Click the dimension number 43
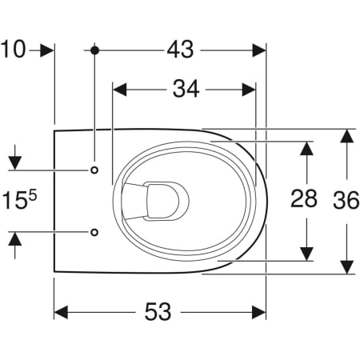(180, 50)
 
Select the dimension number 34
(186, 89)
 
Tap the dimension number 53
(158, 311)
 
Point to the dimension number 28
(304, 198)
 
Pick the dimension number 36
(346, 200)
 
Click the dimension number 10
(13, 50)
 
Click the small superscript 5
(33, 196)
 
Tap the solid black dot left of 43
(94, 50)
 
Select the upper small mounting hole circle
(94, 170)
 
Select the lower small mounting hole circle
(94, 232)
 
